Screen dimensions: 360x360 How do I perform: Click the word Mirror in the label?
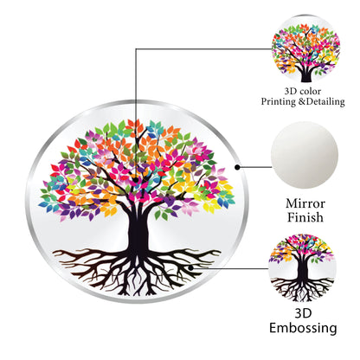(305, 203)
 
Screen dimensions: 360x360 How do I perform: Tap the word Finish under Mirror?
(305, 217)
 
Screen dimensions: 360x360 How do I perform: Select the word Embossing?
(303, 328)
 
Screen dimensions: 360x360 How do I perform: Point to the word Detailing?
(325, 102)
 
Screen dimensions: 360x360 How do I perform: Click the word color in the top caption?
(311, 92)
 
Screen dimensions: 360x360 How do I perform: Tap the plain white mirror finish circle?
(304, 155)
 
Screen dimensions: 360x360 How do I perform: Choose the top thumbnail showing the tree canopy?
(306, 49)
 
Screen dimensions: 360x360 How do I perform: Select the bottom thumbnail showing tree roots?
(302, 268)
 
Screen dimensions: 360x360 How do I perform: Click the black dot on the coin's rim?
(237, 167)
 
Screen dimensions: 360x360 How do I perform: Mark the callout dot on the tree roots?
(190, 268)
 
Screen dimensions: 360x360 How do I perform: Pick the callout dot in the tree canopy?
(136, 180)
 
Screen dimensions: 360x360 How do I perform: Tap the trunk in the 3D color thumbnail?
(306, 75)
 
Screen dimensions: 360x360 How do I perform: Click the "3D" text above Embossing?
(303, 313)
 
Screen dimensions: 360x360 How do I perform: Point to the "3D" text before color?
(291, 92)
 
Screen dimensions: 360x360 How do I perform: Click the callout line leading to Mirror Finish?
(254, 167)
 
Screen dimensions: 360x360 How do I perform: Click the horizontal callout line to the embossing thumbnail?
(229, 268)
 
